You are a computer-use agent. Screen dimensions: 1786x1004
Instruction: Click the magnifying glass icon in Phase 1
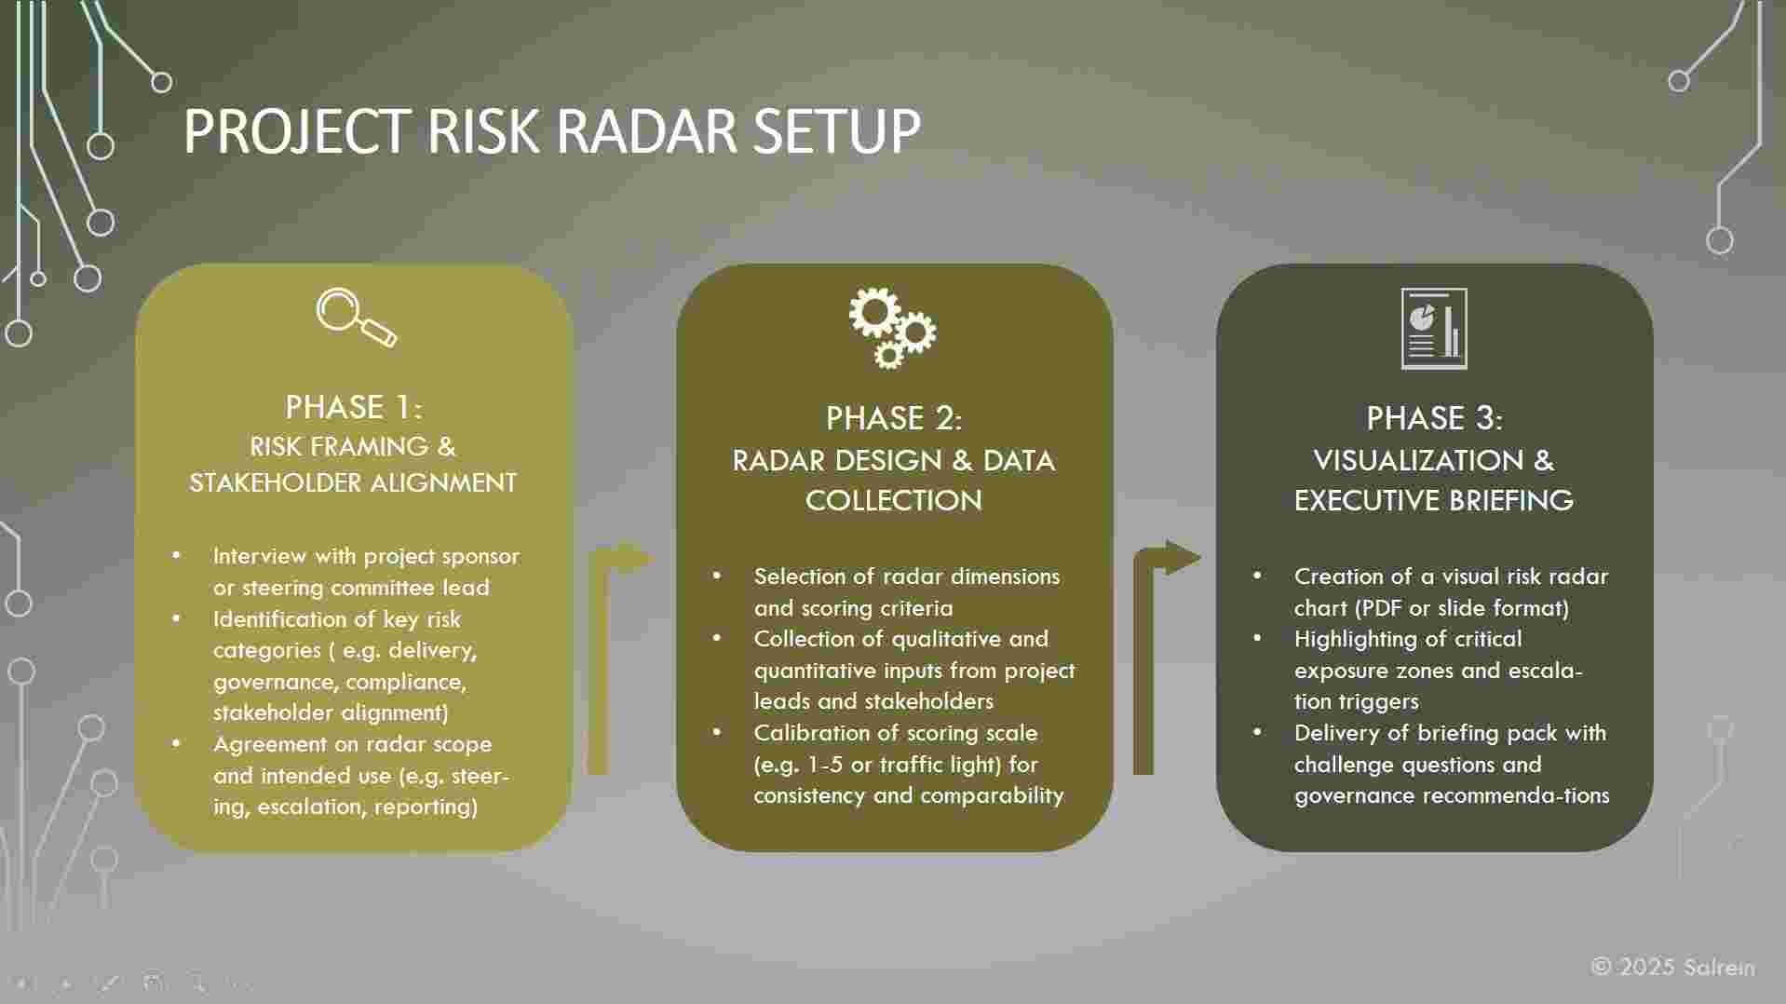pyautogui.click(x=356, y=318)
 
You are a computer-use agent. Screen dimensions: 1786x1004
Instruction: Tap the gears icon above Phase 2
pyautogui.click(x=892, y=327)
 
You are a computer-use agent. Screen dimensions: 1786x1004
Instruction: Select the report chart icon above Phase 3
pyautogui.click(x=1434, y=328)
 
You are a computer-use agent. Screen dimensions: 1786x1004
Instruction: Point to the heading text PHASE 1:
pyautogui.click(x=354, y=407)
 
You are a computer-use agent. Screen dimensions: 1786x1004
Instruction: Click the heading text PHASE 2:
pyautogui.click(x=894, y=418)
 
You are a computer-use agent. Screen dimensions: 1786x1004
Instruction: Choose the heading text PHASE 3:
pyautogui.click(x=1434, y=418)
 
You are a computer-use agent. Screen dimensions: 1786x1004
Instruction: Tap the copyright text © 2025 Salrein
pyautogui.click(x=1673, y=967)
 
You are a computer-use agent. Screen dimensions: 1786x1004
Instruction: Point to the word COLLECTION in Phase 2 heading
pyautogui.click(x=894, y=500)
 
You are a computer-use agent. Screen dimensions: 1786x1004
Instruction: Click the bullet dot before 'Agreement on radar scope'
pyautogui.click(x=177, y=743)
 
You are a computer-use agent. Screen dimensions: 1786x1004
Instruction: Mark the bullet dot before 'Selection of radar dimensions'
pyautogui.click(x=717, y=576)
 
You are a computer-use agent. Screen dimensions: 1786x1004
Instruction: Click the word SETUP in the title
pyautogui.click(x=837, y=130)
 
